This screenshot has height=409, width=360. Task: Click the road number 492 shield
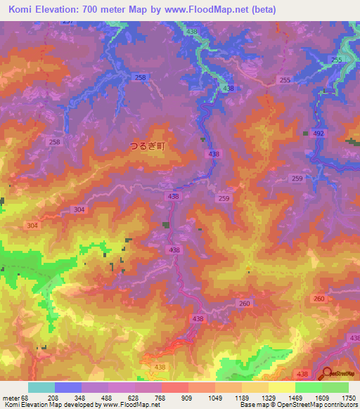click(319, 133)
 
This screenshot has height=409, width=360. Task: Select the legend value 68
click(27, 397)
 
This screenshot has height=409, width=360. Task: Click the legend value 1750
click(347, 397)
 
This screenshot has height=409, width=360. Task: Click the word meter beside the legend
click(9, 397)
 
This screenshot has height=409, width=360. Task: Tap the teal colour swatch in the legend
click(41, 387)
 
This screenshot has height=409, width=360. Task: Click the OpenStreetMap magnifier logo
click(327, 374)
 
